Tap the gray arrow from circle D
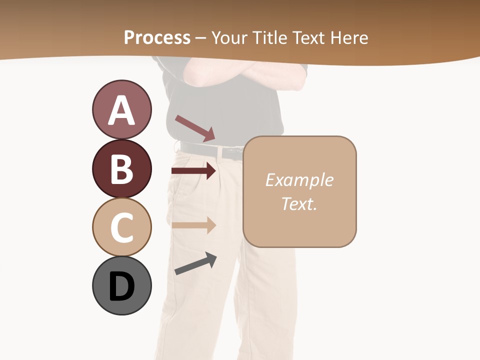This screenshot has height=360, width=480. [195, 263]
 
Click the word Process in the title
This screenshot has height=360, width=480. [157, 37]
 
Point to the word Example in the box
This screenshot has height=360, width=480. [299, 180]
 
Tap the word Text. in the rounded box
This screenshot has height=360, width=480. [299, 203]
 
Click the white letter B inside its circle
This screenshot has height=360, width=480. [121, 169]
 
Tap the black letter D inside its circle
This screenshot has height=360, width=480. [121, 286]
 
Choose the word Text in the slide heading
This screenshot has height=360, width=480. [309, 37]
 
